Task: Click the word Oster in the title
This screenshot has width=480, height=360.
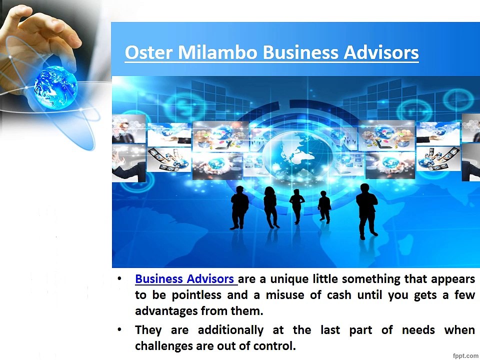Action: [149, 52]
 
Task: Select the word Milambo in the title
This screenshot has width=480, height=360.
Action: [217, 52]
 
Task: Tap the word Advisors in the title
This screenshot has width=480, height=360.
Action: [381, 52]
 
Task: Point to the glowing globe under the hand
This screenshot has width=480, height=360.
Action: [55, 87]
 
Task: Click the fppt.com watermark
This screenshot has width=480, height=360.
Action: [465, 355]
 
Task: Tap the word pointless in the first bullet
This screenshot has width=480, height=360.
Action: [196, 295]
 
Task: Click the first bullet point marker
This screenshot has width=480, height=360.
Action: [119, 279]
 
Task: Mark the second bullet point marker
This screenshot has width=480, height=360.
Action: [119, 329]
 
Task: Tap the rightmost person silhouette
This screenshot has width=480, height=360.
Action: [366, 211]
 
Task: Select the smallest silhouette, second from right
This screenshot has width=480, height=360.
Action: [324, 207]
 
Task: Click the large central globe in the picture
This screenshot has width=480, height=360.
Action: [297, 154]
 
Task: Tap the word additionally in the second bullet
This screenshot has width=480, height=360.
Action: [230, 330]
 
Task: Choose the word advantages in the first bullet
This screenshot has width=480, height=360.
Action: [166, 311]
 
